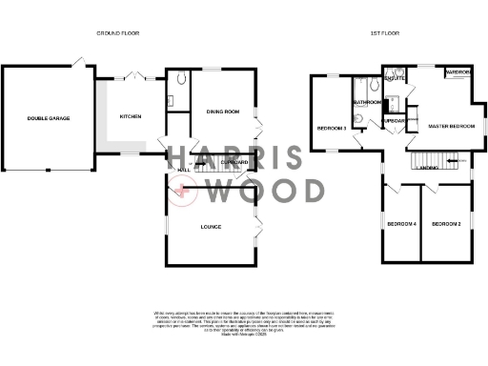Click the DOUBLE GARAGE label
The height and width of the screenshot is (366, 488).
(x=48, y=118)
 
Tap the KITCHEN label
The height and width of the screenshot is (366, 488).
(x=130, y=116)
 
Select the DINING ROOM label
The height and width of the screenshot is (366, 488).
(x=222, y=112)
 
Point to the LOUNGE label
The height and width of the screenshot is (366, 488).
(x=211, y=226)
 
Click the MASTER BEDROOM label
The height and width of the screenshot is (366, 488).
(x=452, y=126)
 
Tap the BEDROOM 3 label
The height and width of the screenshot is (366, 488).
(x=332, y=127)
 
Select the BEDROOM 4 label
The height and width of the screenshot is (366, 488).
(x=401, y=224)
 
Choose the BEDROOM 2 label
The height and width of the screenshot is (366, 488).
(x=446, y=224)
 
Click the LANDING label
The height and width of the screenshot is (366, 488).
(x=428, y=168)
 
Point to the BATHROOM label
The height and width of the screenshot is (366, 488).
(x=368, y=101)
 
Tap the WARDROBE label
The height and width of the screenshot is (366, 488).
(x=458, y=72)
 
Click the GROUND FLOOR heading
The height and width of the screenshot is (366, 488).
(x=119, y=33)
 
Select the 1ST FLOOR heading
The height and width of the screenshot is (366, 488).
(x=384, y=33)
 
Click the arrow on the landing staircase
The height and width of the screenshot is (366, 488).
(x=454, y=160)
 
